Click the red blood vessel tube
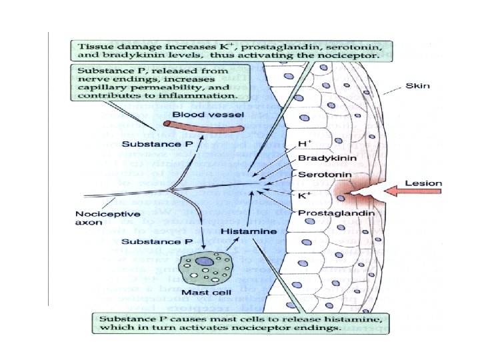pos(201,127)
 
